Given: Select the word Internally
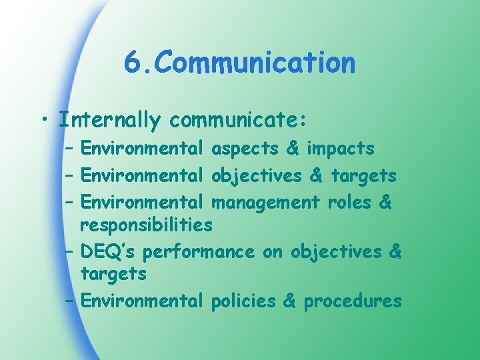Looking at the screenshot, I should tap(109, 121).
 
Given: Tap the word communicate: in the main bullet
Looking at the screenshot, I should tap(237, 121).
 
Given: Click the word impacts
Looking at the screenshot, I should tap(340, 148).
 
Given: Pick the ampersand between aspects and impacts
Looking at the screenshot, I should tap(292, 148).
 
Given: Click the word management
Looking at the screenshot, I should tap(265, 201).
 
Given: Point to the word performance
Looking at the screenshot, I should tap(199, 252).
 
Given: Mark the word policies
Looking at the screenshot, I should tap(243, 301).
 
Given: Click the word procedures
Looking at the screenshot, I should tap(353, 301).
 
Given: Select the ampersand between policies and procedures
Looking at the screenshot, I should tap(289, 301).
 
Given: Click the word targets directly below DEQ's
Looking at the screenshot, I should tap(113, 273).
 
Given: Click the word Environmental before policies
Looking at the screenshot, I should tap(141, 301).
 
